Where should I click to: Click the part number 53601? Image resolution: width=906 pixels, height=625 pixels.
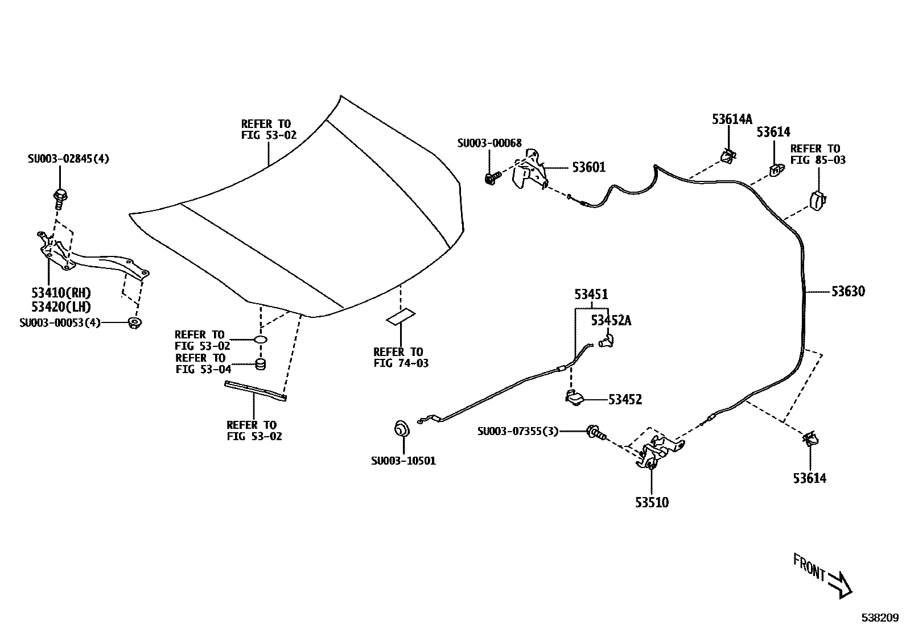click(x=588, y=167)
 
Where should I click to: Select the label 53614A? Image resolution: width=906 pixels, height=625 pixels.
click(x=732, y=119)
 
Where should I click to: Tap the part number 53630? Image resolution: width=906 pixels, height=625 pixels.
click(x=848, y=292)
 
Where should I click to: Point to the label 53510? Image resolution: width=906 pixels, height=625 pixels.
click(x=652, y=503)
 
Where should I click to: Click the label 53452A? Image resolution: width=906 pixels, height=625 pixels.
click(x=611, y=321)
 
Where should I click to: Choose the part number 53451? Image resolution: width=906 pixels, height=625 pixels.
click(x=591, y=295)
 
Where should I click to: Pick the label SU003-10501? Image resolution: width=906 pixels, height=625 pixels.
click(x=403, y=461)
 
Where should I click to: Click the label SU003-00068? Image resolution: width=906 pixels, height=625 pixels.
click(x=489, y=143)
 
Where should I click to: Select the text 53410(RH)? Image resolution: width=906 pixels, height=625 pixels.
click(x=61, y=293)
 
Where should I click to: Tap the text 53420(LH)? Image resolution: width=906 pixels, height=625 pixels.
click(x=61, y=307)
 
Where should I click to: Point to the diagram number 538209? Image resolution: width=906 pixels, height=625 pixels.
click(x=879, y=617)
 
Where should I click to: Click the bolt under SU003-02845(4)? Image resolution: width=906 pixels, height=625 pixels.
click(x=59, y=197)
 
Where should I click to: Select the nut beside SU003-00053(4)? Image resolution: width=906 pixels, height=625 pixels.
click(x=135, y=322)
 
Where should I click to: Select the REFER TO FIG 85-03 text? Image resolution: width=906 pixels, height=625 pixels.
click(x=818, y=154)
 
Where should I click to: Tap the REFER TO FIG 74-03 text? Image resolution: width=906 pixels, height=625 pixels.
click(x=401, y=357)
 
